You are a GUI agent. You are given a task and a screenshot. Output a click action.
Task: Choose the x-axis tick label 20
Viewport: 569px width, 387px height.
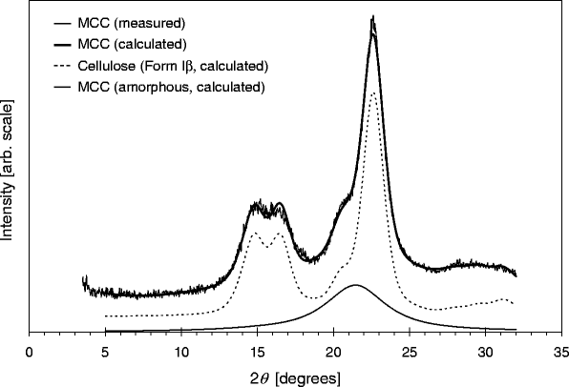pyautogui.click(x=333, y=350)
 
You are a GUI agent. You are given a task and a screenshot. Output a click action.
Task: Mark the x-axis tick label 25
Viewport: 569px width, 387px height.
pyautogui.click(x=409, y=350)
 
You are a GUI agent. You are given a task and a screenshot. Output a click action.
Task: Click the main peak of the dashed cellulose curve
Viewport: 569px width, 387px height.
pyautogui.click(x=373, y=92)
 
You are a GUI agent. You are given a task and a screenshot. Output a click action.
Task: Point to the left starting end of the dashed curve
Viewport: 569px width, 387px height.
pyautogui.click(x=106, y=316)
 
